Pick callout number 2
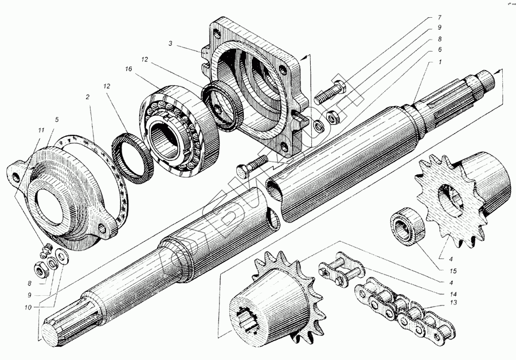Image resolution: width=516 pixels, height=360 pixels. coord(88,97)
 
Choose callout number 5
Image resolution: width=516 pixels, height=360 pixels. coord(57,120)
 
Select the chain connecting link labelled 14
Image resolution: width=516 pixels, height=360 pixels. coord(341,271)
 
